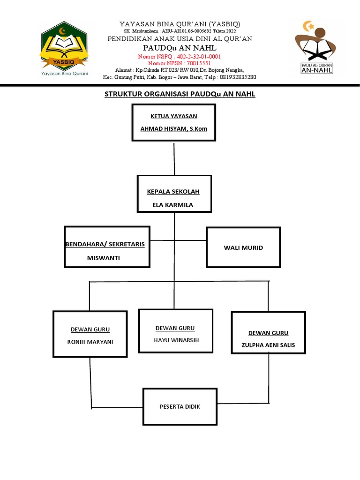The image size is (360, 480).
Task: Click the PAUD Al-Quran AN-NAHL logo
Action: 314,47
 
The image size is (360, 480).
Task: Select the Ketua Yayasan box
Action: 174,122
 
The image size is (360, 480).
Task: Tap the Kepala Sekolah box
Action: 174,193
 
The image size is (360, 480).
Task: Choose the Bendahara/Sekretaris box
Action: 107,247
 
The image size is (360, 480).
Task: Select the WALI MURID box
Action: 243,247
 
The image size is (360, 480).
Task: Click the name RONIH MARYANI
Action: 90,342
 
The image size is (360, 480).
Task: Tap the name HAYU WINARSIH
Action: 176,340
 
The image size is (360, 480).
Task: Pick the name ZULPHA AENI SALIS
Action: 268,345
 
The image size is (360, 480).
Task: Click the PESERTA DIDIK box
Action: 180,406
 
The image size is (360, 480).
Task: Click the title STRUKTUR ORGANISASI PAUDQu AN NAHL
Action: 180,94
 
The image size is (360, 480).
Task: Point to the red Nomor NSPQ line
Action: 180,56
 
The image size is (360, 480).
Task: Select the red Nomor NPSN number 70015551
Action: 193,63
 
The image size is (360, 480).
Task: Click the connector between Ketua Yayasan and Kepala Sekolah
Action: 174,158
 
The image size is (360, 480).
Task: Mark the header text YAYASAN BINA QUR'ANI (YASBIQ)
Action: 180,24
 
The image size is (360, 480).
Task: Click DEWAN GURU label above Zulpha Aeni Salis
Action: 268,333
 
